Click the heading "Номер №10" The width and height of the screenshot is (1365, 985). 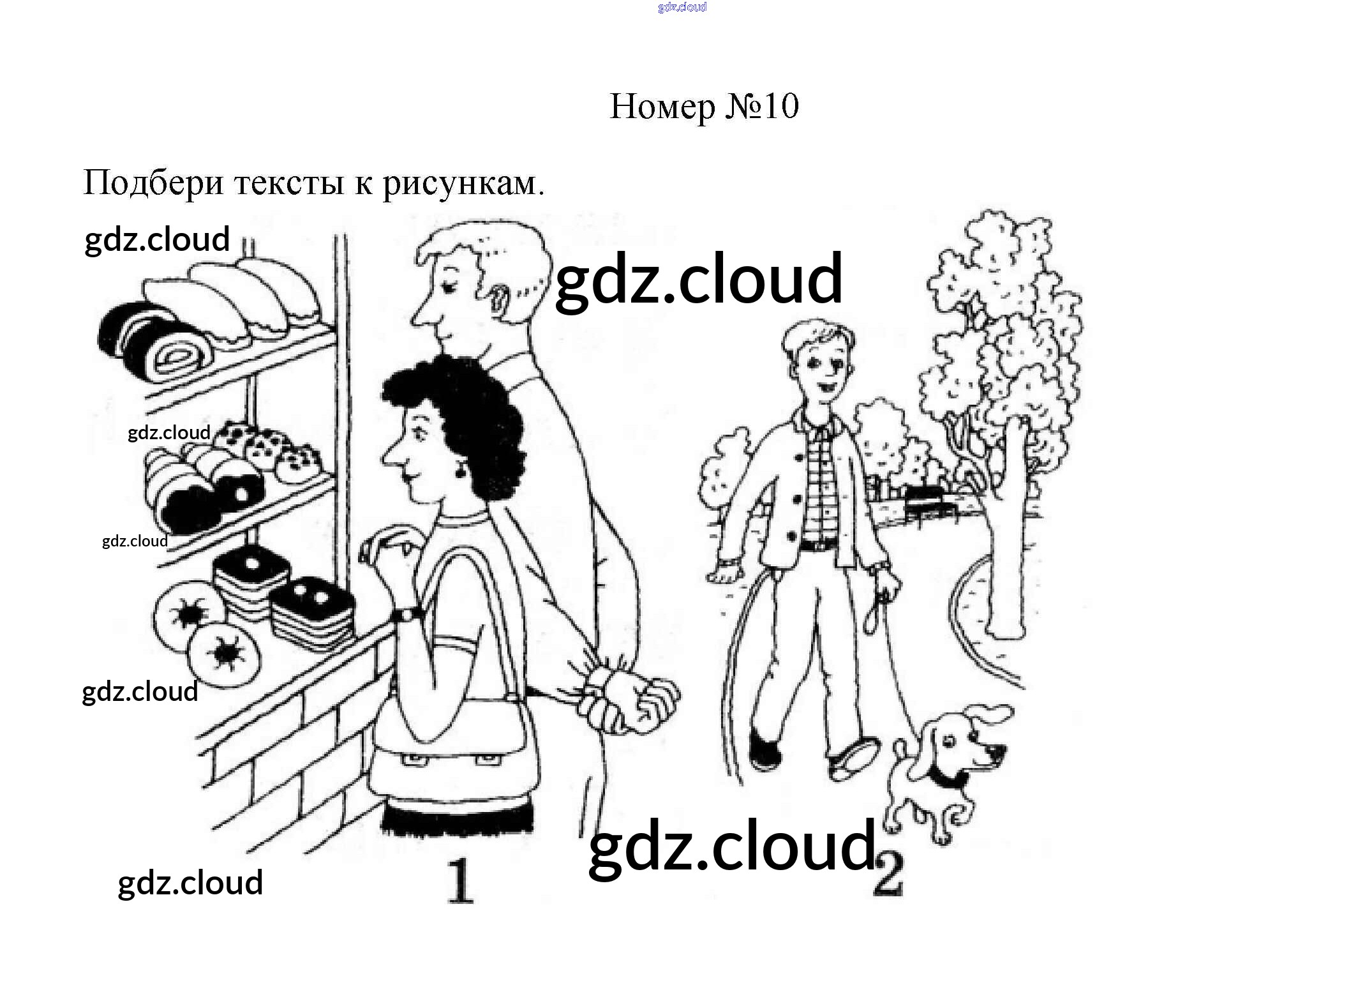coord(703,107)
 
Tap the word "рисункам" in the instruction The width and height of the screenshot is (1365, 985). coord(463,184)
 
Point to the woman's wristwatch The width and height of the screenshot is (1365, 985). coord(406,614)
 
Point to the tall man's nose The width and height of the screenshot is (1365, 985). coord(420,314)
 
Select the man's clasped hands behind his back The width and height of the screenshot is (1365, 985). coord(632,699)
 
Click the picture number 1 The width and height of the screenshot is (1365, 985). coord(459,881)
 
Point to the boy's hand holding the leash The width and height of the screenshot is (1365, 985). coord(887,584)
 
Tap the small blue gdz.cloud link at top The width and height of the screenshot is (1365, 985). coord(682,8)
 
